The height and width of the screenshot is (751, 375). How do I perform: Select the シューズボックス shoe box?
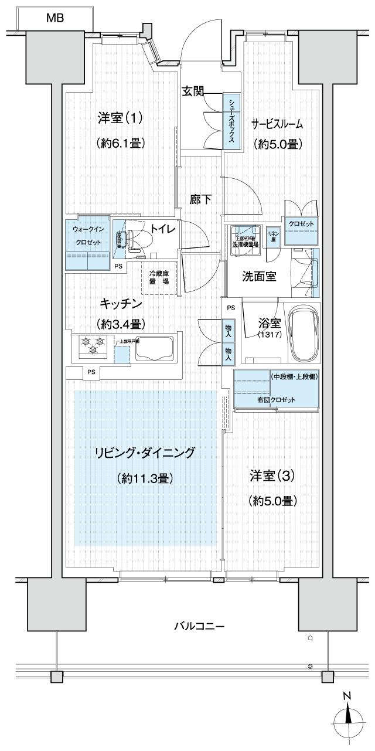[232, 123]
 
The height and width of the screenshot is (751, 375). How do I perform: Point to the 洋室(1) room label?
[120, 118]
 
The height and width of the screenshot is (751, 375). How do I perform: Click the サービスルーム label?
[277, 124]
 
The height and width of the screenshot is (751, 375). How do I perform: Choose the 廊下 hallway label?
[200, 199]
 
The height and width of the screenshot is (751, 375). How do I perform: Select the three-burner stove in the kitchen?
[93, 344]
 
